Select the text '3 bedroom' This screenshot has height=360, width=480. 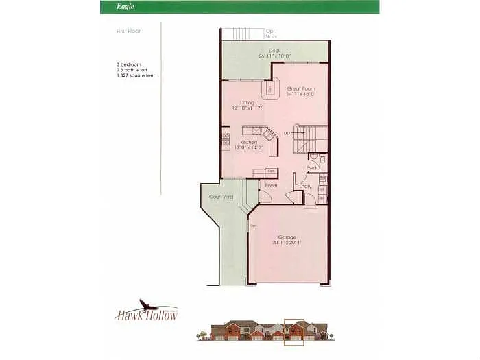129,64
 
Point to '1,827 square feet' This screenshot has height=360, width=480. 134,74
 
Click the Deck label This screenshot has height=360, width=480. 274,50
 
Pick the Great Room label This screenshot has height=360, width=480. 300,89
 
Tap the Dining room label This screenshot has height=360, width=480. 247,103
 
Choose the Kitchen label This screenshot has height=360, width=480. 248,142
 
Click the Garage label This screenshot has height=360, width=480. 287,237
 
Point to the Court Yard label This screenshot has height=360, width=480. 221,197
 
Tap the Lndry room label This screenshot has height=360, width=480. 306,186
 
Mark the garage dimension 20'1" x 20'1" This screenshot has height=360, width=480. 287,242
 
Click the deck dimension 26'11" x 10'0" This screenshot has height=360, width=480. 274,56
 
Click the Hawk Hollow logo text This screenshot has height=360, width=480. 146,315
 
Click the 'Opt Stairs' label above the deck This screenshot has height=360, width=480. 272,33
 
